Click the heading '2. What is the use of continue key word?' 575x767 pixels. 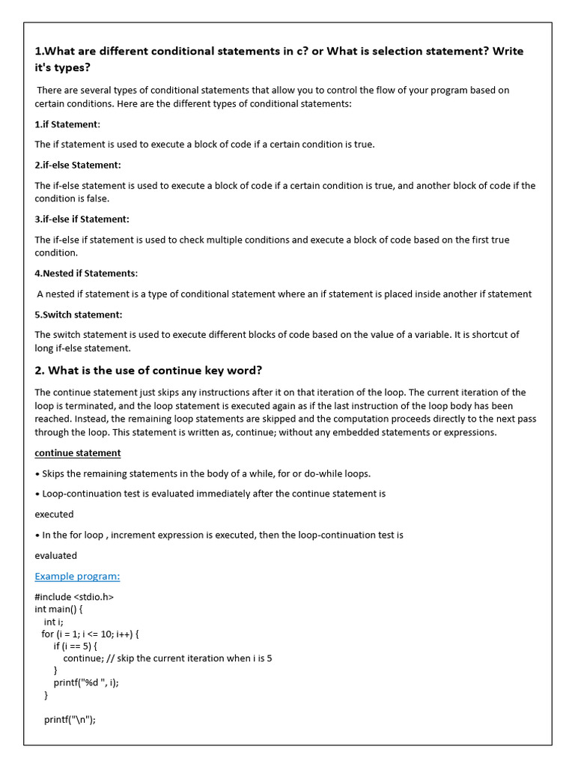click(148, 370)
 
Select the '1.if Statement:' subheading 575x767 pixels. click(67, 124)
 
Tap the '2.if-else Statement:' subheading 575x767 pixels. click(77, 165)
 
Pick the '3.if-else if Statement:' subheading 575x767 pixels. click(82, 219)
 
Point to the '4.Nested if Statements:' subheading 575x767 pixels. click(86, 273)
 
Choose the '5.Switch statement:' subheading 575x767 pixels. click(79, 315)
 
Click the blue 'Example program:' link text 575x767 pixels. click(77, 576)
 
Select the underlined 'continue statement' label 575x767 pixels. click(77, 453)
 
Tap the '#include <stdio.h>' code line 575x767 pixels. click(74, 597)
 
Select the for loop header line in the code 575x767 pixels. click(90, 634)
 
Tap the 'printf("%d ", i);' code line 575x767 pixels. click(86, 682)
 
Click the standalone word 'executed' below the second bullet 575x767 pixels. click(54, 515)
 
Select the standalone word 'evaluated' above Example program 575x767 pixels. click(55, 556)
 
